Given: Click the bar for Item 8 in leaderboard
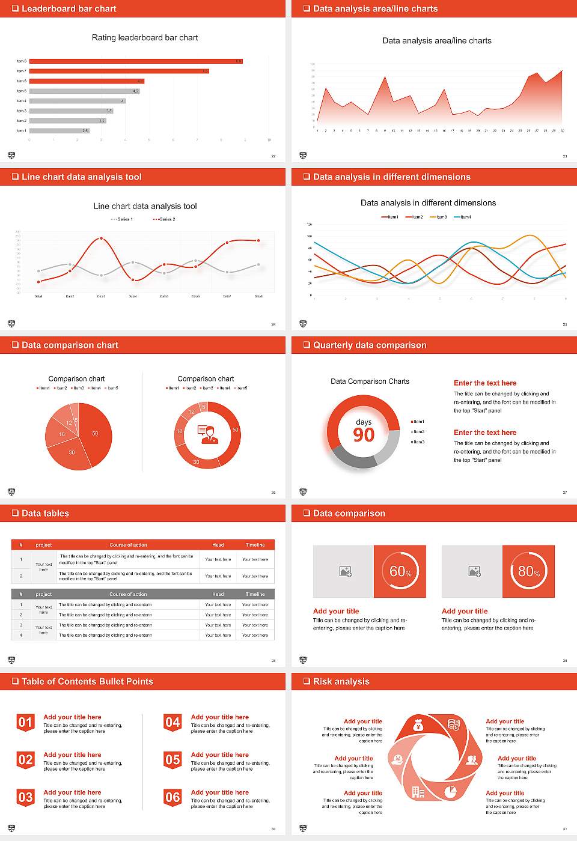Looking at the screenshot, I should (136, 61).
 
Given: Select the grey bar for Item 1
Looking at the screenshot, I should (59, 130).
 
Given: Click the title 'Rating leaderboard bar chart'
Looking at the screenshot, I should (145, 37).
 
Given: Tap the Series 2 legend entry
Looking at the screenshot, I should (164, 219).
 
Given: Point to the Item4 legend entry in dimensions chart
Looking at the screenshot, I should (463, 217).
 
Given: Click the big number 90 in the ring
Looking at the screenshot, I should (364, 435).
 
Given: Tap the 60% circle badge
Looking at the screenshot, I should (400, 571).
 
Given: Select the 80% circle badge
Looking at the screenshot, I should (528, 571).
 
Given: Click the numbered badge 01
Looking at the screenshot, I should (25, 723).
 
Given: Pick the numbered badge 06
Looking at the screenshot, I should (172, 798).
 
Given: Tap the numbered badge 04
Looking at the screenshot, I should (172, 723).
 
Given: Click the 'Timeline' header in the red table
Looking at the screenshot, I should (255, 545).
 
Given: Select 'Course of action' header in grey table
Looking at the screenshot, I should (128, 594).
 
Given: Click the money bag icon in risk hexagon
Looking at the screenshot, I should (419, 726).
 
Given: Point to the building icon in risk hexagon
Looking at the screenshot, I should (418, 792).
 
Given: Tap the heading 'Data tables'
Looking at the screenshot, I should (45, 513).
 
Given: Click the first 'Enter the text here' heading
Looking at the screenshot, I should (485, 383).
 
